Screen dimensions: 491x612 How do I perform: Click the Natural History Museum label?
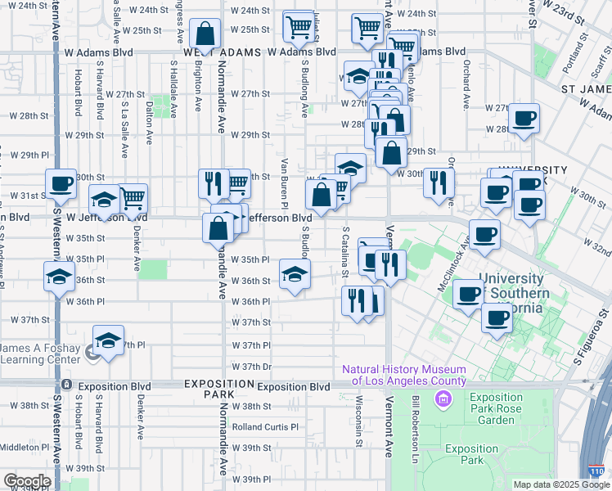(404, 376)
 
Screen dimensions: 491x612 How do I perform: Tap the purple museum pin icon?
(443, 399)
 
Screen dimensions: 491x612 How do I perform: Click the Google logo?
(26, 481)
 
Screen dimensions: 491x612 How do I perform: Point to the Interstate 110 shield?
(598, 472)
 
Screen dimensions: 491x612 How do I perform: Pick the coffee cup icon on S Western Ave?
(60, 186)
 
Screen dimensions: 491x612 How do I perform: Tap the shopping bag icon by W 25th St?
(205, 35)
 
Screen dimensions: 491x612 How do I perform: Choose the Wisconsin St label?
(359, 421)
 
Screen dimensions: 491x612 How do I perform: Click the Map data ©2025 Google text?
(560, 484)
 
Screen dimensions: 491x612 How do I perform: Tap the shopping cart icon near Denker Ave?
(133, 197)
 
